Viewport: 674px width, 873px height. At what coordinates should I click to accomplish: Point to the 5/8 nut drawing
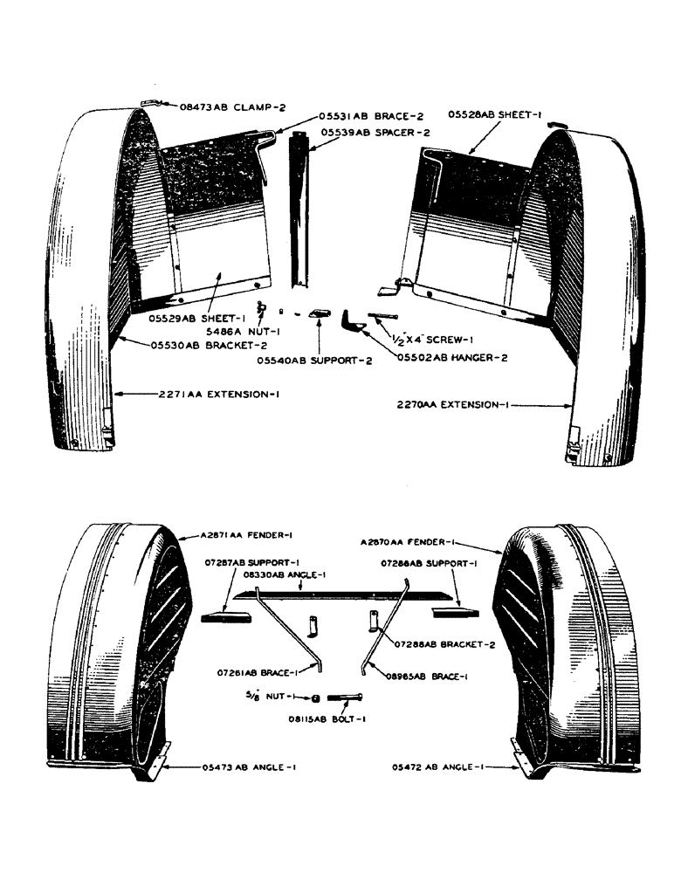click(x=315, y=698)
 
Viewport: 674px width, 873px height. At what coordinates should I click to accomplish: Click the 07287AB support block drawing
click(x=225, y=617)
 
